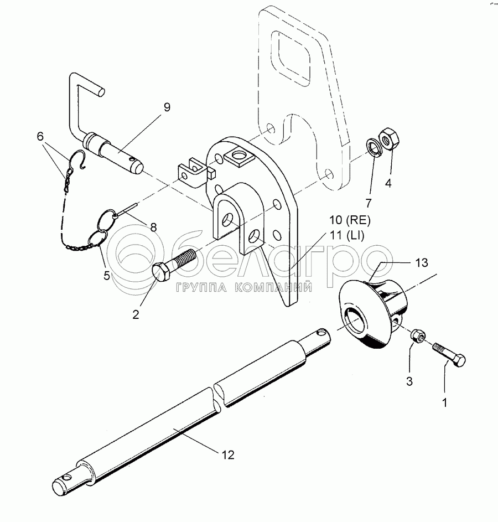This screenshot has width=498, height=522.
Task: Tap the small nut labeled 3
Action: (x=418, y=335)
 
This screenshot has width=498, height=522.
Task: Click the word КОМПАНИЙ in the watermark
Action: (x=273, y=288)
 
